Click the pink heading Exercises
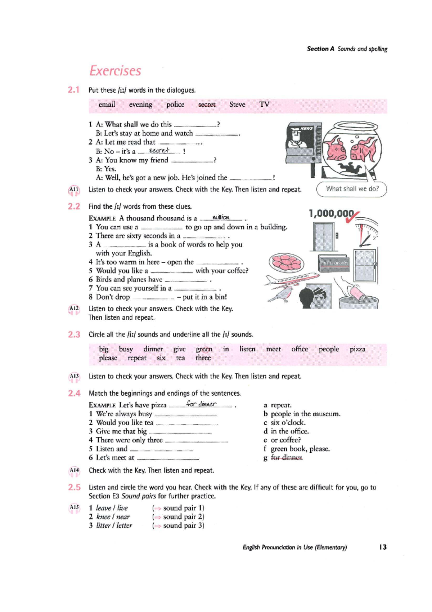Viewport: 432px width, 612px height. pyautogui.click(x=115, y=71)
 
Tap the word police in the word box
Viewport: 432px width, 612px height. pyautogui.click(x=175, y=105)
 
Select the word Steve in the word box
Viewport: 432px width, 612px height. pyautogui.click(x=237, y=105)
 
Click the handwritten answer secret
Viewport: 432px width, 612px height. pyautogui.click(x=159, y=150)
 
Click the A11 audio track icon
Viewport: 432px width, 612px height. pyautogui.click(x=74, y=190)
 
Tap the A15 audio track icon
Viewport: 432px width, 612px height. pyautogui.click(x=74, y=508)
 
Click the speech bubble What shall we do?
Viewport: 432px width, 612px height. pyautogui.click(x=352, y=189)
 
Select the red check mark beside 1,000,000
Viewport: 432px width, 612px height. pyautogui.click(x=352, y=217)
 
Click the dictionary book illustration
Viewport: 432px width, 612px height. pyautogui.click(x=333, y=263)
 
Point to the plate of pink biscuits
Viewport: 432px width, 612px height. pyautogui.click(x=286, y=262)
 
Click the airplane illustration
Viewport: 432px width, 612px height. pyautogui.click(x=292, y=280)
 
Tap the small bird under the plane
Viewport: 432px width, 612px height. pyautogui.click(x=282, y=295)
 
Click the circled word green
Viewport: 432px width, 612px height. pyautogui.click(x=204, y=350)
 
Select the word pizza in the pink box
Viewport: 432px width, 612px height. pyautogui.click(x=357, y=350)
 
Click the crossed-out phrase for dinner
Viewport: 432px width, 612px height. pyautogui.click(x=287, y=458)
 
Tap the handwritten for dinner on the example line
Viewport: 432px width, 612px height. pyautogui.click(x=201, y=404)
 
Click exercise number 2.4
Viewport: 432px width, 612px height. pyautogui.click(x=74, y=394)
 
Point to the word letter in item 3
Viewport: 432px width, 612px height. pyautogui.click(x=124, y=525)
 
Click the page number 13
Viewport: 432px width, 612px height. pyautogui.click(x=383, y=547)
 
